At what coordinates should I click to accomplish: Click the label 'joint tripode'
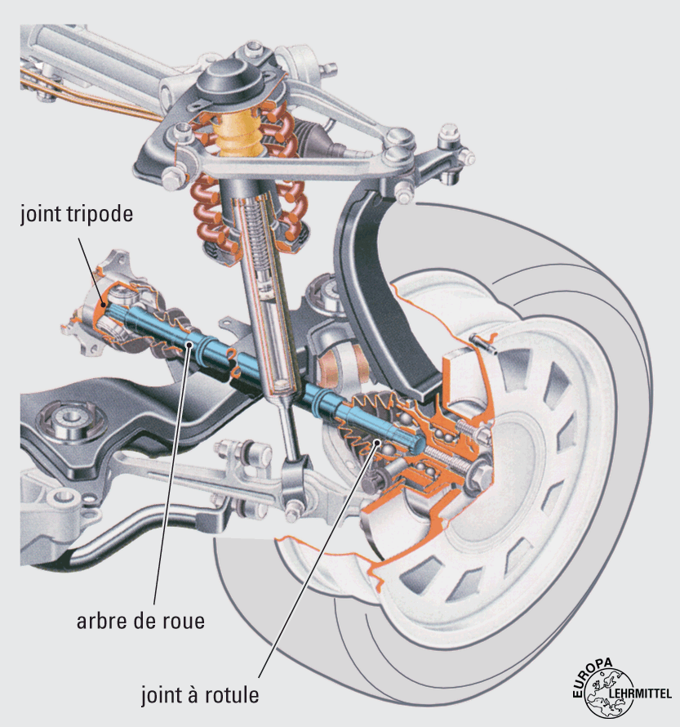click(x=78, y=216)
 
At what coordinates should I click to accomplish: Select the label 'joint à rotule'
click(x=200, y=696)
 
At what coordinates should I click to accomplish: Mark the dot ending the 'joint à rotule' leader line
click(x=377, y=443)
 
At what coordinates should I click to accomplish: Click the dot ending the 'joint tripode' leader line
click(x=103, y=305)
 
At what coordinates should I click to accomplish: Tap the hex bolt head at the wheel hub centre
click(x=480, y=473)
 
